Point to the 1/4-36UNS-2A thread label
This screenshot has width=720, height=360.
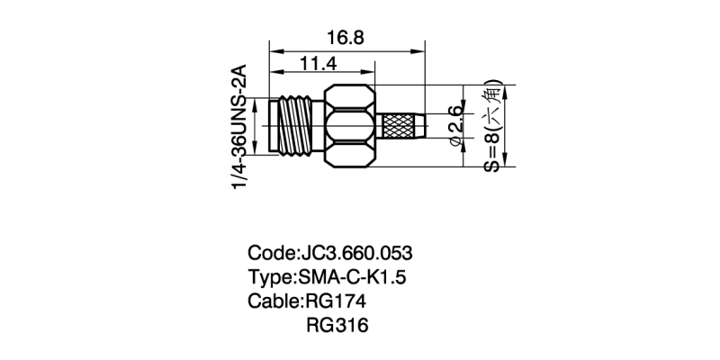click(x=239, y=127)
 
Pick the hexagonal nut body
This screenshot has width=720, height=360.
click(x=351, y=126)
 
